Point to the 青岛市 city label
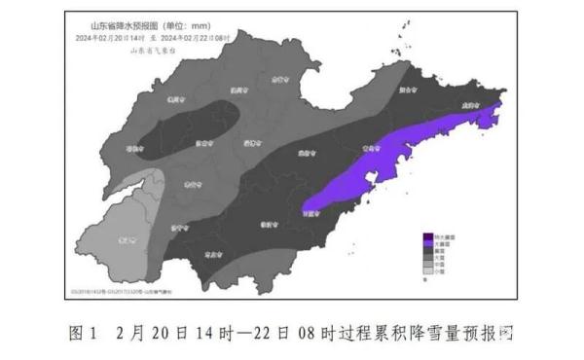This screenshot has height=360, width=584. coord(368,150)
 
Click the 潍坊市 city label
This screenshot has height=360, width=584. coord(305,153)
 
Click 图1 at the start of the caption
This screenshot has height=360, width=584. coord(85,332)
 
